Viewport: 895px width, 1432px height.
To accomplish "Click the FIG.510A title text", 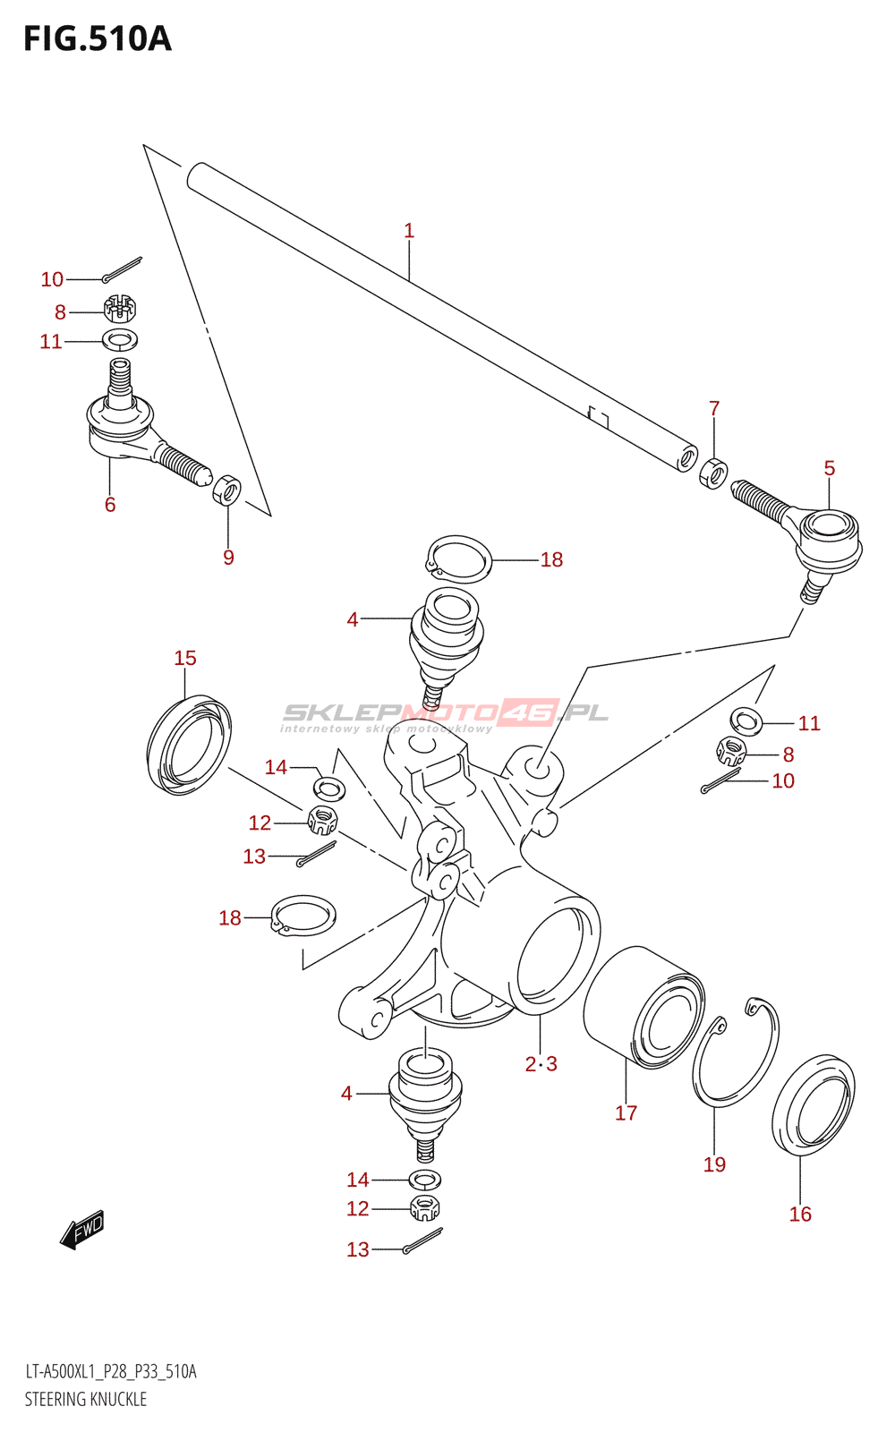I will (x=97, y=39).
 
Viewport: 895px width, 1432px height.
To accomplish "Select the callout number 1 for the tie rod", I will (x=409, y=231).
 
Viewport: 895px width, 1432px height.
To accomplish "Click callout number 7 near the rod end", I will (x=714, y=408).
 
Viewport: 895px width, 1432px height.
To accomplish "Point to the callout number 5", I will (x=830, y=468).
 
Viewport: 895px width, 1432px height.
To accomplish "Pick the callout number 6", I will (x=110, y=505).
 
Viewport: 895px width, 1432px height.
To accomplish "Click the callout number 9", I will (x=228, y=558).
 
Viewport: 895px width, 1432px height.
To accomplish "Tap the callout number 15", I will (x=185, y=658).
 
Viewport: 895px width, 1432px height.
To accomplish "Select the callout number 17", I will (x=626, y=1112).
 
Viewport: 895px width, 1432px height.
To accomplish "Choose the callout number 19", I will (x=714, y=1164).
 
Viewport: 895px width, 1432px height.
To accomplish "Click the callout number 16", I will (x=800, y=1214).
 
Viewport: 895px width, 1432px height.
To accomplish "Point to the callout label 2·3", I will (x=541, y=1063).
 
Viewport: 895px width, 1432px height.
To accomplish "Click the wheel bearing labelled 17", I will (x=644, y=1007).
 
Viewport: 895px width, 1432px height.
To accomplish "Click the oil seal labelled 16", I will (x=814, y=1105).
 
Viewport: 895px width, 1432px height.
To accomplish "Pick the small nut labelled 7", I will (x=712, y=472).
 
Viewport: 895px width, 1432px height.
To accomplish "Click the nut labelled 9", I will (x=227, y=490).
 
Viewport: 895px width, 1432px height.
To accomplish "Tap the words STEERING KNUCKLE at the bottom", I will (x=86, y=1399).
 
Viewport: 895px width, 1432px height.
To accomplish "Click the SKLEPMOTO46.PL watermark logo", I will (x=445, y=713).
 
